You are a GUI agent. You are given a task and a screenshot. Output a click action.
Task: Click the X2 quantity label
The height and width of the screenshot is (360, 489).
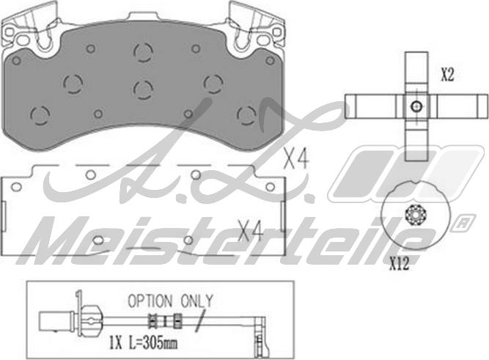(447, 75)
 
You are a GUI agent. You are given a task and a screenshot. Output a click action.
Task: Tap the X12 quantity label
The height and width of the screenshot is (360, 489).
(400, 265)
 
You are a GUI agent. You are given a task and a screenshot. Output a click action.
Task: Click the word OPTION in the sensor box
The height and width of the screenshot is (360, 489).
(150, 301)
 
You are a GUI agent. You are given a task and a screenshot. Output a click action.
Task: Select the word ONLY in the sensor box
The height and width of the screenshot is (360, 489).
(196, 301)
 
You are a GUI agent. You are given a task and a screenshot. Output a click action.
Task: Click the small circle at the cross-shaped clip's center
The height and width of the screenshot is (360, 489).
(416, 106)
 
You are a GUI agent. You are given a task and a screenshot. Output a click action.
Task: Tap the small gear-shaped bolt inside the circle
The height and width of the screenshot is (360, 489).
(416, 215)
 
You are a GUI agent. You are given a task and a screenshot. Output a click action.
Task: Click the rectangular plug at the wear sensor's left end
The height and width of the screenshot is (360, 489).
(56, 321)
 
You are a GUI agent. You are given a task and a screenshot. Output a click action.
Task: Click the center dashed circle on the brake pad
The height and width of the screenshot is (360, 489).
(143, 89)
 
